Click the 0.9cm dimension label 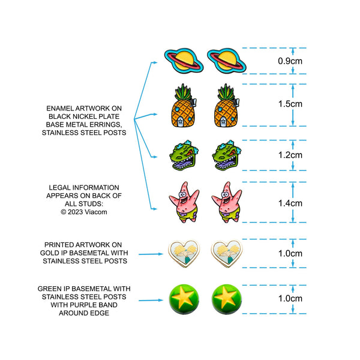click(x=290, y=61)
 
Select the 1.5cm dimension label click(x=290, y=104)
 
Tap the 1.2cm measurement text click(x=290, y=155)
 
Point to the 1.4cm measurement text click(x=290, y=203)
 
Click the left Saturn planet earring click(x=184, y=61)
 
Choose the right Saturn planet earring click(x=227, y=61)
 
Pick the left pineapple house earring click(x=184, y=106)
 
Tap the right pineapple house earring click(x=227, y=106)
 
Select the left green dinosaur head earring click(x=184, y=155)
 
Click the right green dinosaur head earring click(x=227, y=155)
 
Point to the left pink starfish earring click(x=184, y=202)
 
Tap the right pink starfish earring click(x=227, y=202)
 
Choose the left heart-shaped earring click(x=184, y=253)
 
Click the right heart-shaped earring click(x=227, y=253)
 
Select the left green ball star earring click(x=184, y=299)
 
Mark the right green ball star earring click(x=227, y=299)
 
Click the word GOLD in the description click(x=48, y=253)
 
